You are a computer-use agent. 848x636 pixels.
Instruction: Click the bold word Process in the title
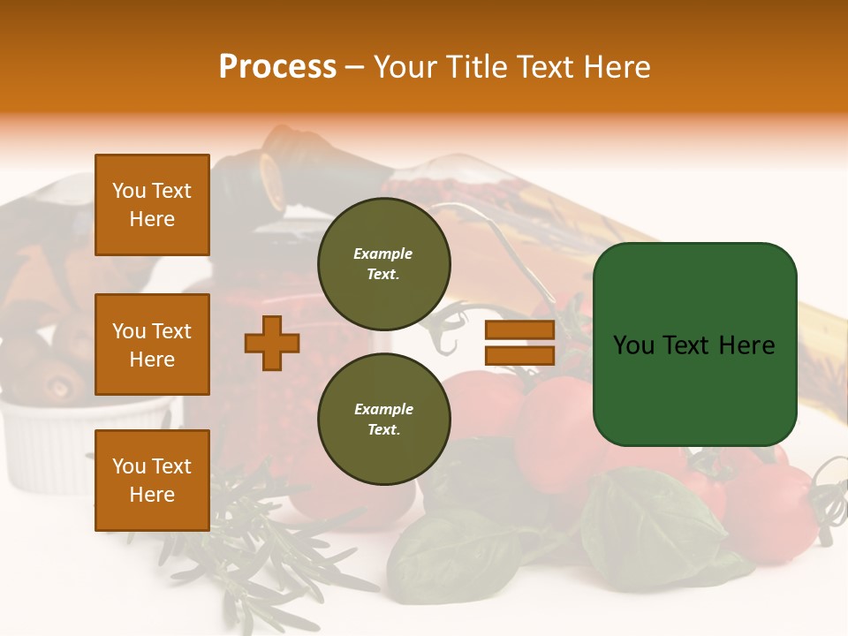(x=277, y=66)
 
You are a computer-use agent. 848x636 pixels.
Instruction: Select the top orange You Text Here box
(x=152, y=205)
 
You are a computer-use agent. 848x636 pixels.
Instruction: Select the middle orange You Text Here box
(x=152, y=344)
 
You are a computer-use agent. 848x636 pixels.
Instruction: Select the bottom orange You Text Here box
(x=152, y=481)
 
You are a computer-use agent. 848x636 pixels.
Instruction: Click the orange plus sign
(x=272, y=344)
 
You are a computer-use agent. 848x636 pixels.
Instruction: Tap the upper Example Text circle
(x=383, y=264)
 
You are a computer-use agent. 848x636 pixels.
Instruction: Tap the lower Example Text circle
(x=383, y=420)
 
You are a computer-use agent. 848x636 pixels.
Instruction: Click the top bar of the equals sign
(x=519, y=330)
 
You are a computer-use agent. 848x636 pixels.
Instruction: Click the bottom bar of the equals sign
(x=519, y=356)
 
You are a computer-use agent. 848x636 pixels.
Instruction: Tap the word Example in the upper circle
(x=383, y=254)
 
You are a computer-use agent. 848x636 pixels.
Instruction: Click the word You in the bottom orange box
(x=129, y=466)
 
